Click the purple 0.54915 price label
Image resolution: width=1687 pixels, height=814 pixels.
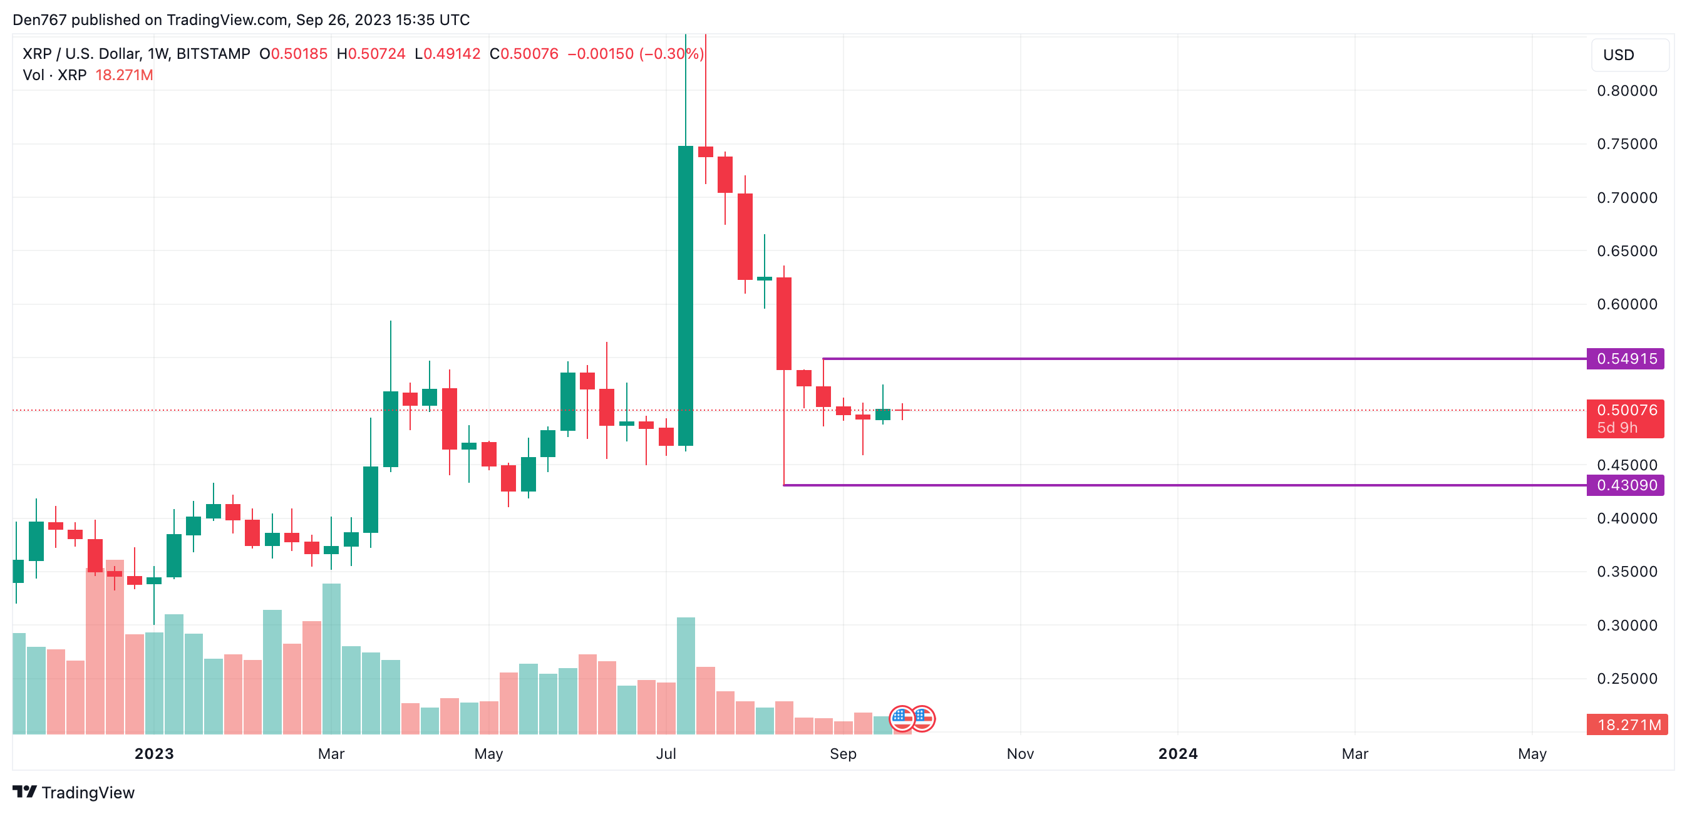[1626, 359]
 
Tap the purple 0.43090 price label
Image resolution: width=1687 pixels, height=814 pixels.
[1626, 485]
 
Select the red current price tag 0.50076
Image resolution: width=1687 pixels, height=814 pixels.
[1626, 411]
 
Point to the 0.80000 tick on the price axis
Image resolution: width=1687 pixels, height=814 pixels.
[1627, 91]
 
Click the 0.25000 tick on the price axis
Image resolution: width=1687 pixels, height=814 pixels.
[1627, 679]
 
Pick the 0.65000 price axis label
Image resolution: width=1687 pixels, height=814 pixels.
[1627, 251]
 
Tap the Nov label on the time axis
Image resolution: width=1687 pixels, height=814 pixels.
[1019, 754]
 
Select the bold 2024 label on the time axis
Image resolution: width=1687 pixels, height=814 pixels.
[1177, 754]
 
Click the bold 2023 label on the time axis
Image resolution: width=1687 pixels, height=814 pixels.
[154, 754]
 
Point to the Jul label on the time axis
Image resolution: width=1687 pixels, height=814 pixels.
[666, 754]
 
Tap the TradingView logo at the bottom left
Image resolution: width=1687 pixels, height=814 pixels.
[73, 792]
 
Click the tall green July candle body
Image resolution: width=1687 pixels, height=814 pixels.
[685, 295]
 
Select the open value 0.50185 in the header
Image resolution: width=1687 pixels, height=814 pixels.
[299, 54]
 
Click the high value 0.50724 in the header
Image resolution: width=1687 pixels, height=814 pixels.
[376, 54]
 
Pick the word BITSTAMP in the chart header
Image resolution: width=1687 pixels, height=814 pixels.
[213, 54]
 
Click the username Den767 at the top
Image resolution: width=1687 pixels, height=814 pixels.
[39, 19]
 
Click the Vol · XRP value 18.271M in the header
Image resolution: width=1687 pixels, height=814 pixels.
[124, 75]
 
